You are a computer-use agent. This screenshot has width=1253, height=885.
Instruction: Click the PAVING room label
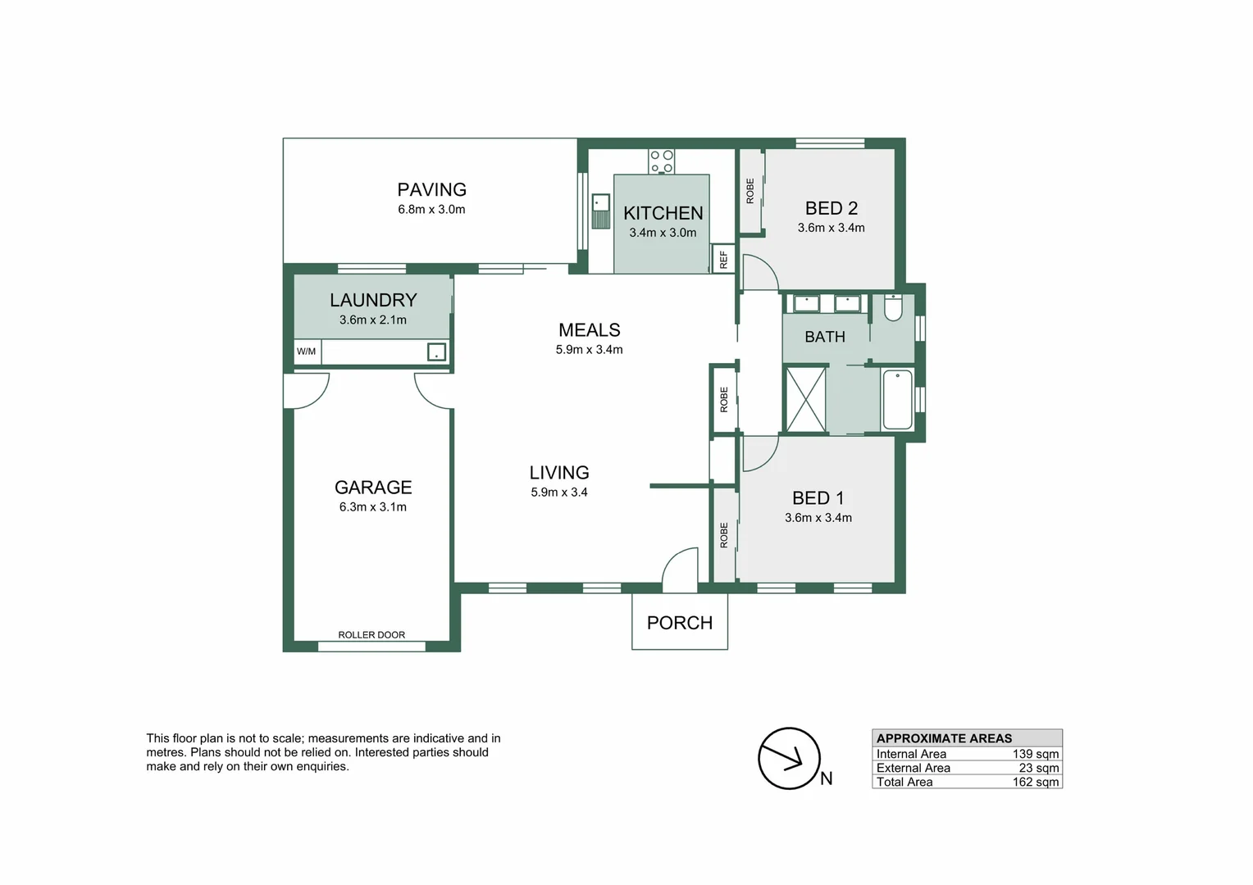click(x=431, y=189)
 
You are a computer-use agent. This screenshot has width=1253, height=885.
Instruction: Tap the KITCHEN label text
click(x=663, y=213)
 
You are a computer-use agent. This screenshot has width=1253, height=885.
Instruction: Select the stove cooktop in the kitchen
click(x=662, y=161)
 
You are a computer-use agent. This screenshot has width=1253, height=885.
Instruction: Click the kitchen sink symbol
click(x=600, y=211)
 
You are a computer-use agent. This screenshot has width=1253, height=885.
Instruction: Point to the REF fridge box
click(x=723, y=259)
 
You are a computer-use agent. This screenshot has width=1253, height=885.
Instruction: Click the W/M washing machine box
click(x=307, y=352)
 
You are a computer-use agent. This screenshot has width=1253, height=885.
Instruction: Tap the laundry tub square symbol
click(x=436, y=352)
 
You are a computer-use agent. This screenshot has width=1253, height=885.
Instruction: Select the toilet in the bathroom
click(x=893, y=307)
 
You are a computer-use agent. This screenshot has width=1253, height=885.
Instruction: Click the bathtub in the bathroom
click(x=897, y=400)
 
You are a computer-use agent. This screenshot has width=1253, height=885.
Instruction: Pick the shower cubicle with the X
click(x=805, y=400)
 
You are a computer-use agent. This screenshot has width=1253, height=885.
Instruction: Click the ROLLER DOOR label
click(x=371, y=635)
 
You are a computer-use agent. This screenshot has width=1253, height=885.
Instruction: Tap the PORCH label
click(x=680, y=623)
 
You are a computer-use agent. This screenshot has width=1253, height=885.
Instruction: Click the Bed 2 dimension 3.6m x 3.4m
click(x=831, y=228)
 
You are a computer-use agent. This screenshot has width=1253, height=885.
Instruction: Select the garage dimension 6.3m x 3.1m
click(x=372, y=507)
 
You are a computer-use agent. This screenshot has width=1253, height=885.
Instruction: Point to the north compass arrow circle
click(x=789, y=759)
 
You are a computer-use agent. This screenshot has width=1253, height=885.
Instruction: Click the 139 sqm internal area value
click(x=1035, y=754)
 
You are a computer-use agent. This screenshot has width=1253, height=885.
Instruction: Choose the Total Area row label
click(x=904, y=782)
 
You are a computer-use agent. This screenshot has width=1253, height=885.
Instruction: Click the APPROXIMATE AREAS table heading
click(x=944, y=738)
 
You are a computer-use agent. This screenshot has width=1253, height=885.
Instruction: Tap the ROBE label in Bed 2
click(x=750, y=191)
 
